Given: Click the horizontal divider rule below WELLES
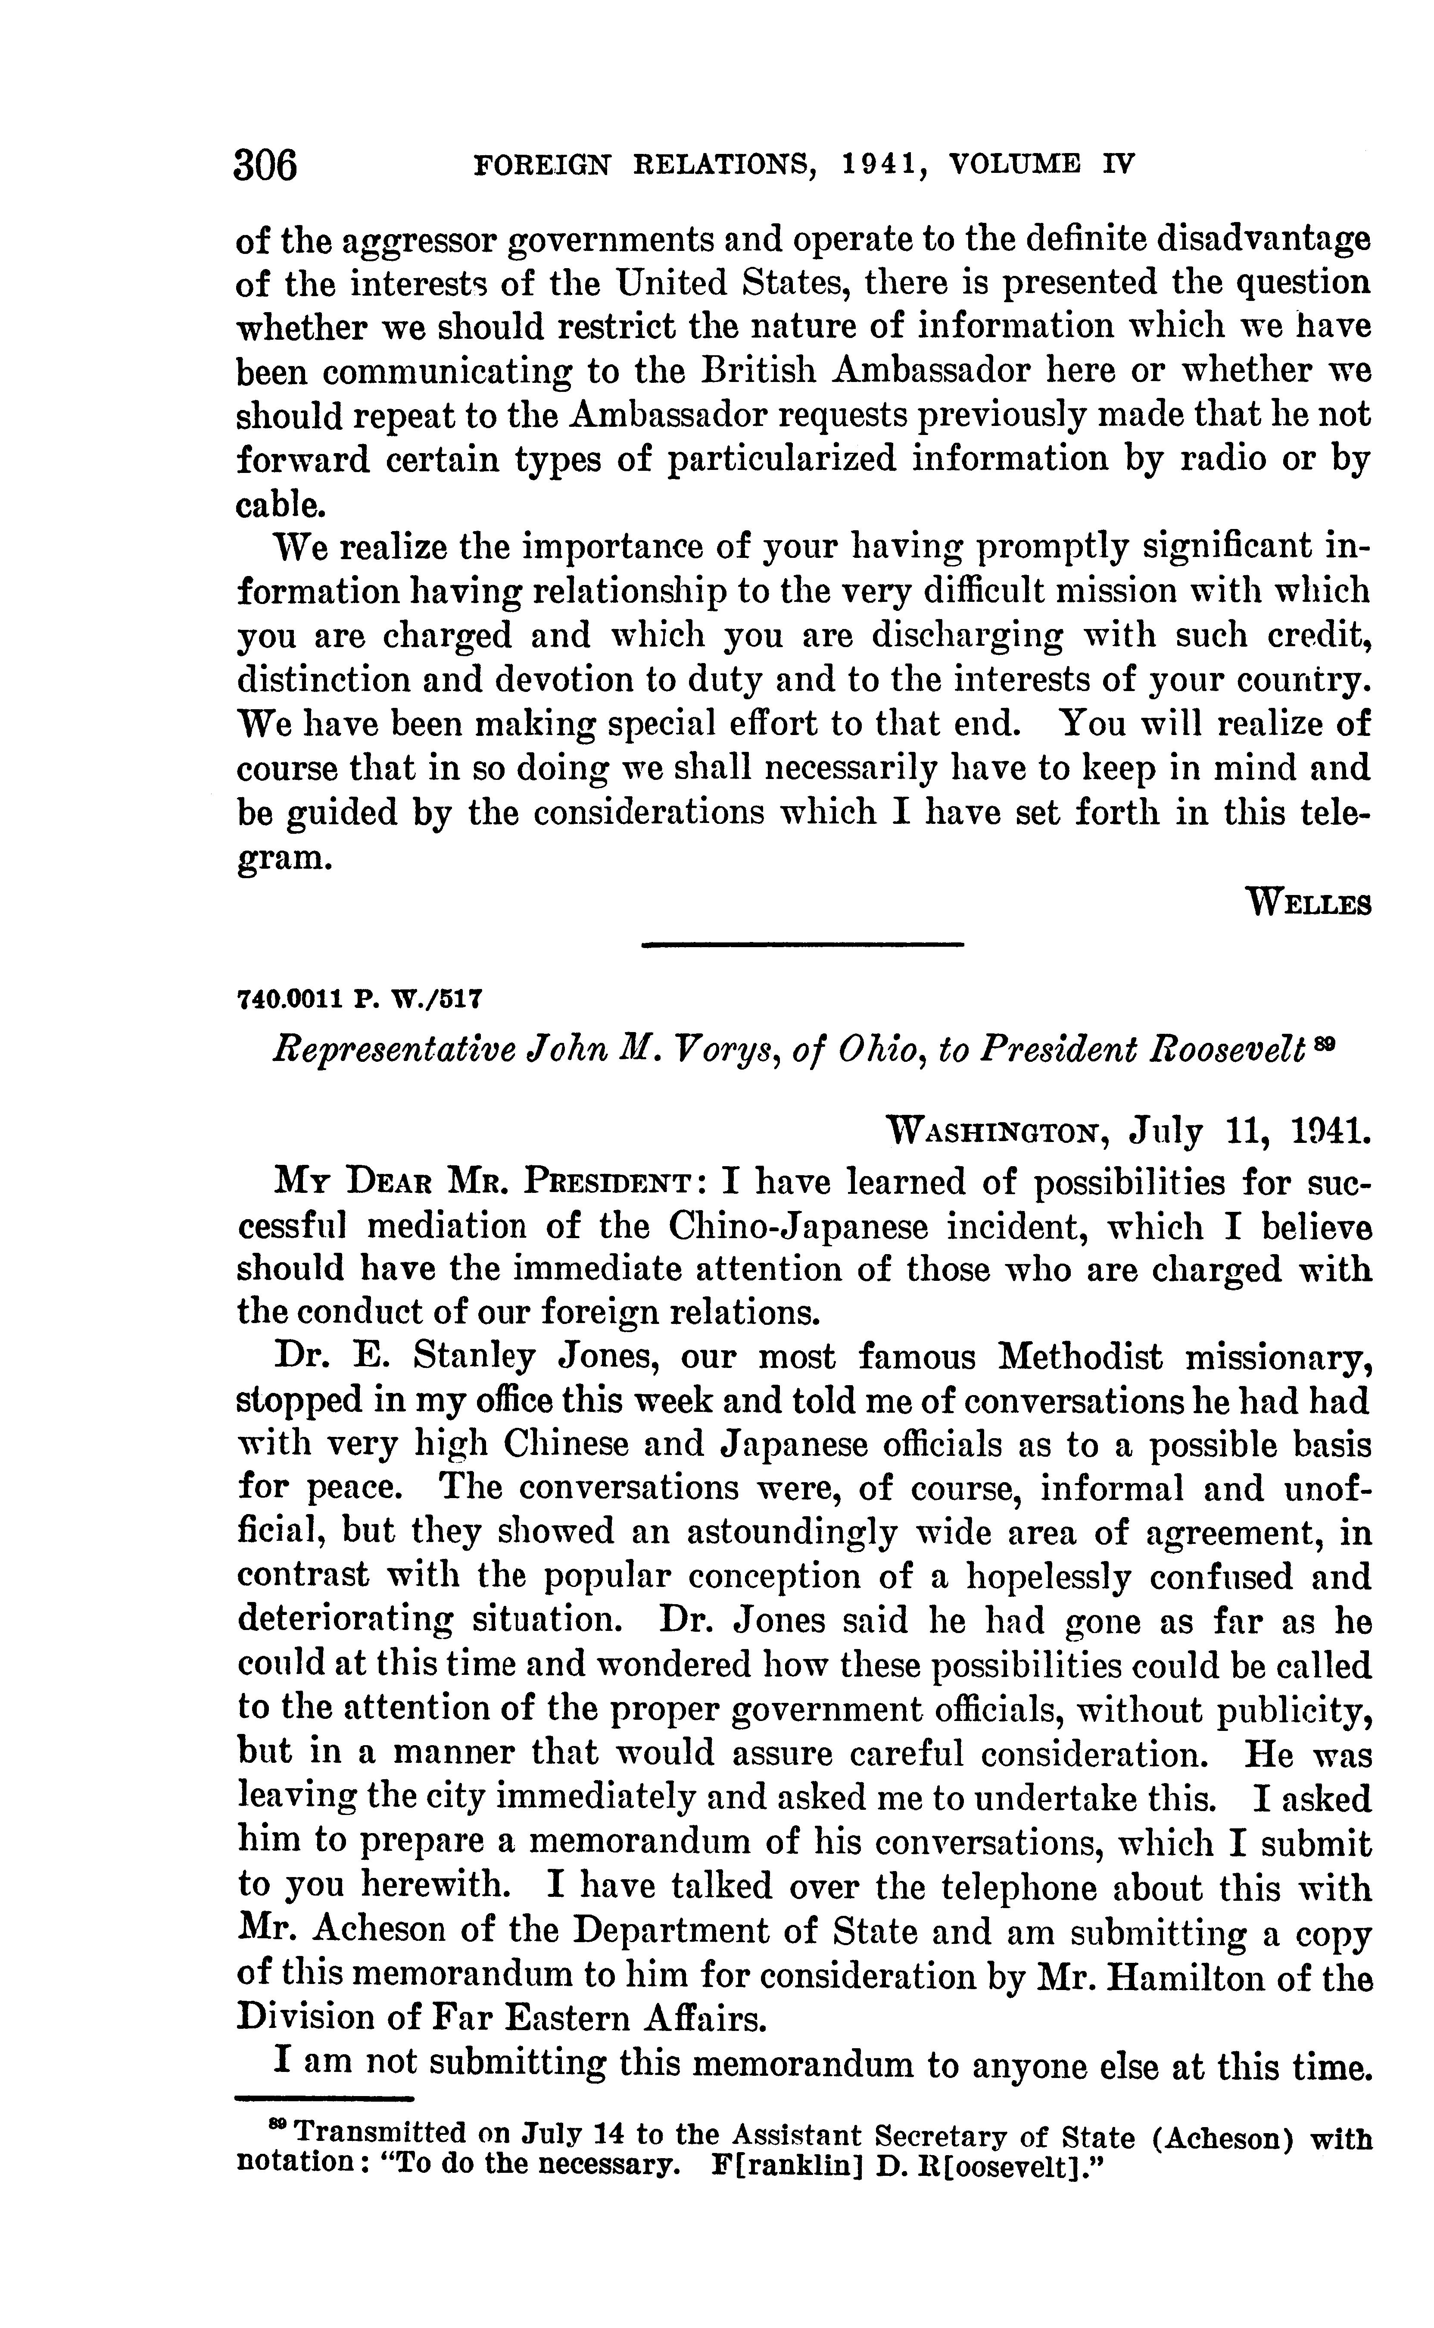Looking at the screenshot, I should (802, 945).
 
